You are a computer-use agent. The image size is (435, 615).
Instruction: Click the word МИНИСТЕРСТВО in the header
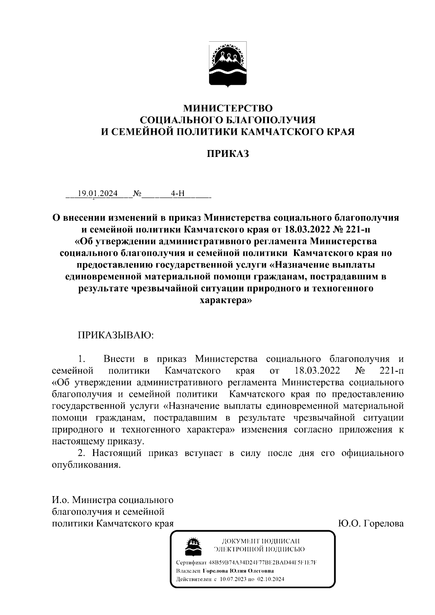click(228, 108)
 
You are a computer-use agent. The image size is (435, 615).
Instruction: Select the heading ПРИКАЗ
click(228, 154)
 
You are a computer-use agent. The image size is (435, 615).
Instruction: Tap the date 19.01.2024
click(95, 194)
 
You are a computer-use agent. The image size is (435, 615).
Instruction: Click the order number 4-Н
click(178, 194)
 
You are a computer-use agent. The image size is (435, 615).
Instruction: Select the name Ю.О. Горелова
click(370, 523)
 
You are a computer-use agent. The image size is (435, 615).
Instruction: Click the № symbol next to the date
click(137, 194)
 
